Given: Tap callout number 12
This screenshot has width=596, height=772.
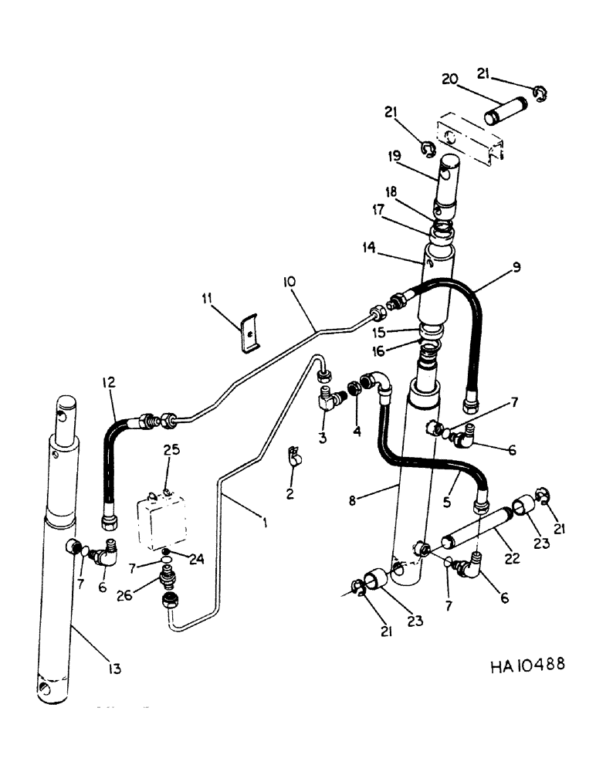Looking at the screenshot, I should coord(107,383).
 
